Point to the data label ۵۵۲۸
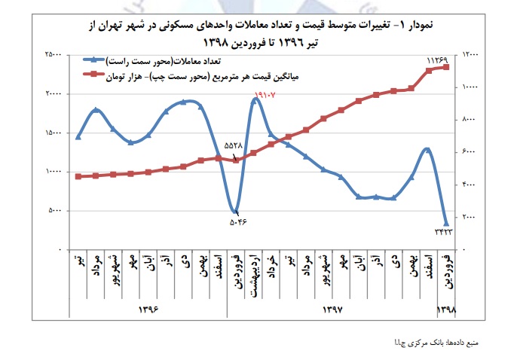pyautogui.click(x=234, y=144)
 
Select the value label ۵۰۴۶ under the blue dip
pyautogui.click(x=238, y=222)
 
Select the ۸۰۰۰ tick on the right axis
pyautogui.click(x=467, y=120)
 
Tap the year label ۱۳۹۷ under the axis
pyautogui.click(x=333, y=310)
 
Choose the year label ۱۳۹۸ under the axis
pyautogui.click(x=446, y=310)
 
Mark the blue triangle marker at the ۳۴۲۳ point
pyautogui.click(x=446, y=224)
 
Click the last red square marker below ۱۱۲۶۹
pyautogui.click(x=446, y=67)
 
